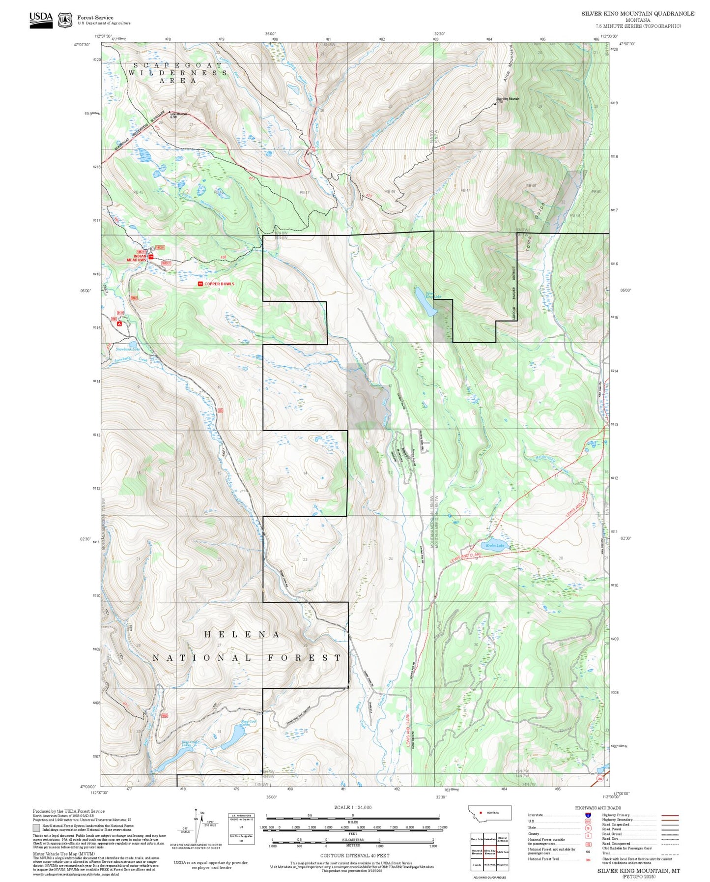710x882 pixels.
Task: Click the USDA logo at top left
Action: coord(41,18)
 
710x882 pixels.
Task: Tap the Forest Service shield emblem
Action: coord(64,20)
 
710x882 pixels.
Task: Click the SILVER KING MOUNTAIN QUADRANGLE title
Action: coord(638,14)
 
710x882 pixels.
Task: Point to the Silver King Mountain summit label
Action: coord(508,99)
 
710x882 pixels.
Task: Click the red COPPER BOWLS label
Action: coord(219,284)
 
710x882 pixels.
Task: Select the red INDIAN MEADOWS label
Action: coord(137,258)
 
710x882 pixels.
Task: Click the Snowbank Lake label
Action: coord(128,349)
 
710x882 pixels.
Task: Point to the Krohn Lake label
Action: coord(495,546)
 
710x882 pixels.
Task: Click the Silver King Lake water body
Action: coord(426,302)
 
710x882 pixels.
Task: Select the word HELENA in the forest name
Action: coord(242,635)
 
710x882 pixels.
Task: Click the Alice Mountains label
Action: coord(508,63)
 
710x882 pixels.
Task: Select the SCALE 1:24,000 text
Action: coord(353,808)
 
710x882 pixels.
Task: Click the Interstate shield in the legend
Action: coord(588,815)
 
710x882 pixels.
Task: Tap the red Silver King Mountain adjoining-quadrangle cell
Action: coord(489,852)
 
